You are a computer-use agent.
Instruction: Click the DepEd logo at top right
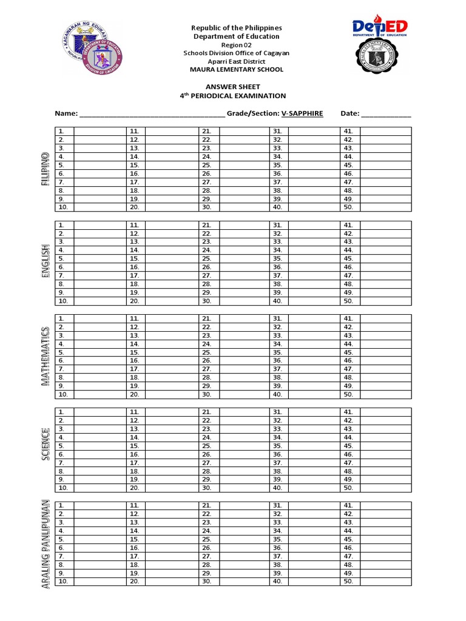pyautogui.click(x=380, y=27)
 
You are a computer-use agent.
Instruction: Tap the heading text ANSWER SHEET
pyautogui.click(x=232, y=87)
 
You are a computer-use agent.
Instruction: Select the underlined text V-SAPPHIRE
pyautogui.click(x=302, y=113)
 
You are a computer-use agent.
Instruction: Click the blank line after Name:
pyautogui.click(x=152, y=114)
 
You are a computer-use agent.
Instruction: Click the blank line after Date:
pyautogui.click(x=386, y=114)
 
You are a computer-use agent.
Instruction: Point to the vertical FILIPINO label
pyautogui.click(x=45, y=170)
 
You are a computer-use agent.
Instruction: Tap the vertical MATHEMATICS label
pyautogui.click(x=45, y=356)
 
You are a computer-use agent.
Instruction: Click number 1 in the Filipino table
pyautogui.click(x=61, y=131)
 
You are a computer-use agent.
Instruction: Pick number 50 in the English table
pyautogui.click(x=348, y=301)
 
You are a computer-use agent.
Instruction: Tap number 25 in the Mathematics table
pyautogui.click(x=207, y=352)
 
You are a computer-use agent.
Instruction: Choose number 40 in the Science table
pyautogui.click(x=277, y=488)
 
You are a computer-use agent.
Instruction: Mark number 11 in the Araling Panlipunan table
pyautogui.click(x=134, y=505)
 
